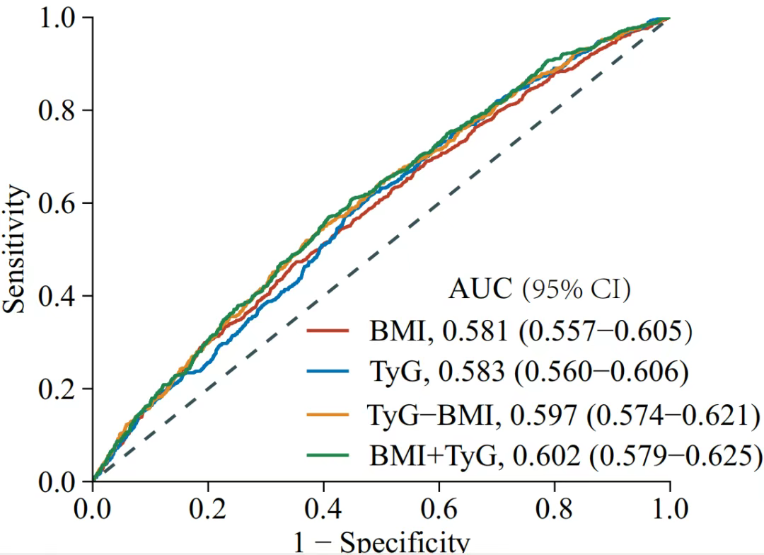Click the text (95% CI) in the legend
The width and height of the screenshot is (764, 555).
pos(577,289)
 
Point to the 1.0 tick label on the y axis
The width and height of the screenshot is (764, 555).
pos(56,18)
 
